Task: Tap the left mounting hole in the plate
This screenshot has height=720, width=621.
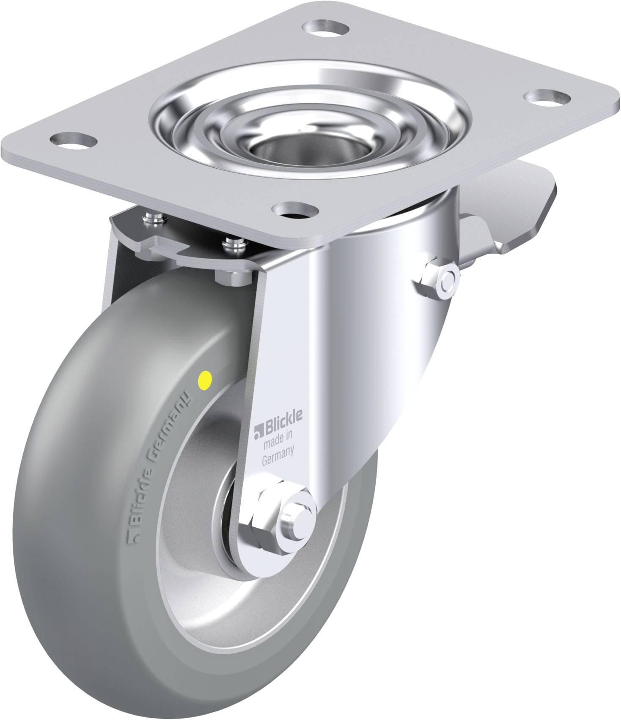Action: (74, 139)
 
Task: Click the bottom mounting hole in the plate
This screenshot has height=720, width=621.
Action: (295, 210)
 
